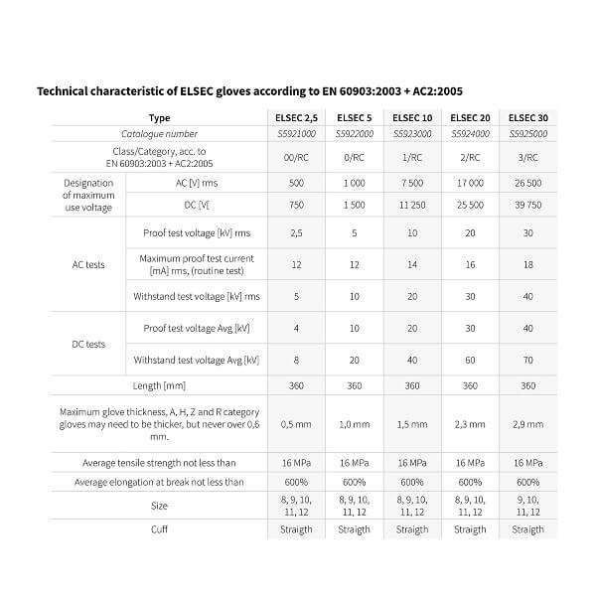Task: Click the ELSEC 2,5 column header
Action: tap(296, 118)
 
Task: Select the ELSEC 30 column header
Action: tap(527, 118)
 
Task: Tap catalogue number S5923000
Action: tap(412, 134)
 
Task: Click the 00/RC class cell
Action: tap(296, 156)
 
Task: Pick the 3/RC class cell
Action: tap(527, 156)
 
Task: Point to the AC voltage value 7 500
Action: tap(412, 184)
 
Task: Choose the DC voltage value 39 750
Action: tap(527, 205)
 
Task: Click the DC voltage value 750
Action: tap(296, 205)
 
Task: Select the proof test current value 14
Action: tap(412, 265)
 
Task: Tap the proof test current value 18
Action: tap(527, 265)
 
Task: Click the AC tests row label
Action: tap(88, 265)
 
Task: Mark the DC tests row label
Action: tap(88, 344)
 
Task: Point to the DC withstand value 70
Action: tap(527, 360)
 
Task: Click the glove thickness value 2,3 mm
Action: tap(470, 424)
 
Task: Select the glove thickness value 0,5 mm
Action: tap(296, 424)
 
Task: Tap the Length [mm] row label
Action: tap(159, 385)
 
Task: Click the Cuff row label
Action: tap(159, 529)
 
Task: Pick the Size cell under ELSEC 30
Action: tap(527, 506)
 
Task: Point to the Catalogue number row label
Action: tap(159, 134)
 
